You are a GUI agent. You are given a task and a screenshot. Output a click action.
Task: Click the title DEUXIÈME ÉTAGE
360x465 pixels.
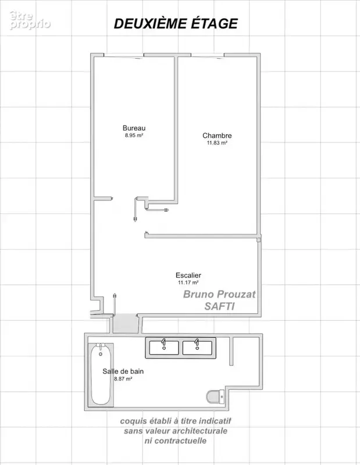(176, 24)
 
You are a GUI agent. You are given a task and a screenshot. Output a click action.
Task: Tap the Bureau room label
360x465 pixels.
(134, 128)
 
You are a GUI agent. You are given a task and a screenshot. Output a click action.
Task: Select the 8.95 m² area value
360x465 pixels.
(134, 135)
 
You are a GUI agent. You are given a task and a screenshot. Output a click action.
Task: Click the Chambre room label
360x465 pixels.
(217, 135)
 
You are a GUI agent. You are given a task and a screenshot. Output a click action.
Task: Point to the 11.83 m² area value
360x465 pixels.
(217, 142)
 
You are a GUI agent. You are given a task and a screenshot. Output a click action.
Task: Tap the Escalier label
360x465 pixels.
(188, 275)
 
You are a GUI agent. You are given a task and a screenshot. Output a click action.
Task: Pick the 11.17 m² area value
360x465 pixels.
(188, 282)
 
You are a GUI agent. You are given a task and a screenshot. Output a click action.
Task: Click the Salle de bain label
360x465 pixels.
(123, 371)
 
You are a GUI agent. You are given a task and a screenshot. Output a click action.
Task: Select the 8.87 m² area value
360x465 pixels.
(123, 379)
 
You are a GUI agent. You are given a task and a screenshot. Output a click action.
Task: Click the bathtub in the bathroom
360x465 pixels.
(101, 375)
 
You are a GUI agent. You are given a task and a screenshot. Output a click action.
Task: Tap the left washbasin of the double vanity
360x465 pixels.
(164, 347)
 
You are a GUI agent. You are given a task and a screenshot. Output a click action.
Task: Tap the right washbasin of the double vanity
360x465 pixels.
(197, 347)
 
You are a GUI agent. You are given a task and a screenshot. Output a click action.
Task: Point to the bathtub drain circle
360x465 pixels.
(101, 354)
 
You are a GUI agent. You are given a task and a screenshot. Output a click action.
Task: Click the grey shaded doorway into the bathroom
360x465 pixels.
(126, 324)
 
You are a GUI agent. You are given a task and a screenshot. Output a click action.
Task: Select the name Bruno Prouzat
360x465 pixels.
(219, 294)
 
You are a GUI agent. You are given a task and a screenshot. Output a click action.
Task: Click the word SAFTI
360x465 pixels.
(219, 306)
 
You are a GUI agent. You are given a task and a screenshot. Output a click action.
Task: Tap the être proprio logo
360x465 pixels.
(30, 20)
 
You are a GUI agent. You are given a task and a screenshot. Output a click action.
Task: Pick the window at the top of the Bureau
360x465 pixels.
(124, 55)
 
